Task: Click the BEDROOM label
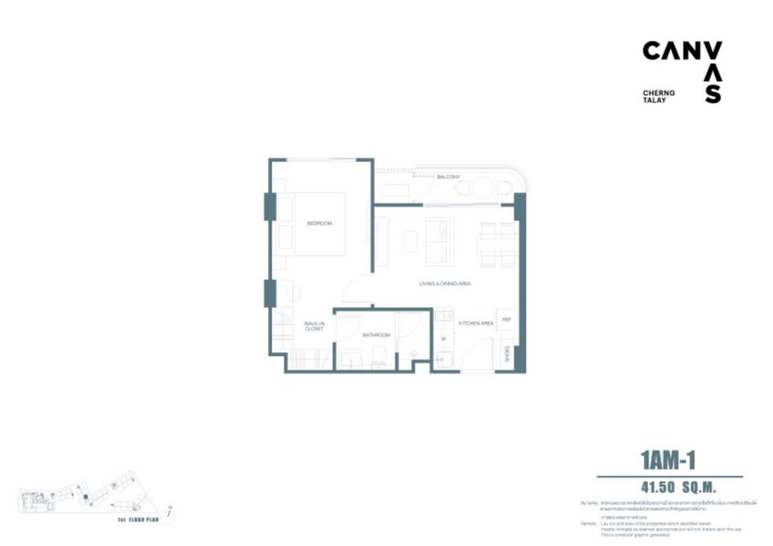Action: (x=319, y=223)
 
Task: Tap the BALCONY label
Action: (x=449, y=176)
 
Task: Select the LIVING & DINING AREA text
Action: (x=444, y=284)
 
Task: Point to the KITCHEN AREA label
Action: (x=475, y=323)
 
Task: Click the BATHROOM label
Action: (x=376, y=334)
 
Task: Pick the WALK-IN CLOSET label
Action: (x=314, y=326)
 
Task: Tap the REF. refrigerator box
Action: (x=506, y=320)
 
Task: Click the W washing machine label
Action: (x=444, y=339)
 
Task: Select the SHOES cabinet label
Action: (x=507, y=355)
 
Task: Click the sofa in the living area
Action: (x=440, y=241)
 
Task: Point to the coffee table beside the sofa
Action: (x=411, y=241)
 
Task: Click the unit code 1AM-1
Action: (x=668, y=461)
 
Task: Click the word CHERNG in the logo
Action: (x=659, y=93)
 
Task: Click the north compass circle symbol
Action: (x=169, y=511)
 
